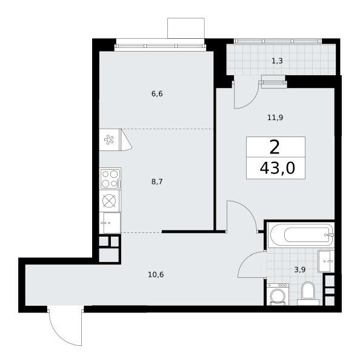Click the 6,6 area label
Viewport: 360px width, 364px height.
[x=157, y=94]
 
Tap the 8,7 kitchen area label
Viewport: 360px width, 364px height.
[x=157, y=182]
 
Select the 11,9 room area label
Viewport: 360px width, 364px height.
[x=275, y=118]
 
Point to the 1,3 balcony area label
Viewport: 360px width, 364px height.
[x=277, y=61]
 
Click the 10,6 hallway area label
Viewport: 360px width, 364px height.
[x=156, y=275]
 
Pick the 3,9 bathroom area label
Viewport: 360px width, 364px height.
[x=300, y=270]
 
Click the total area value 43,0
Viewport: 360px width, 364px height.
[x=278, y=168]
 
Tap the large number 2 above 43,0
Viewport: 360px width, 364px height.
[x=275, y=147]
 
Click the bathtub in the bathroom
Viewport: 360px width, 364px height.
[x=301, y=235]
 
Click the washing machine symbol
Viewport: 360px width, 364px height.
[x=278, y=294]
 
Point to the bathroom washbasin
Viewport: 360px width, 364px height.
[x=326, y=261]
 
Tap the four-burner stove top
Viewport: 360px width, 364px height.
[x=110, y=178]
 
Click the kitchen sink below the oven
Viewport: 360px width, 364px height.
[x=110, y=223]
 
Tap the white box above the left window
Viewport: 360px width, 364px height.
[x=186, y=28]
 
